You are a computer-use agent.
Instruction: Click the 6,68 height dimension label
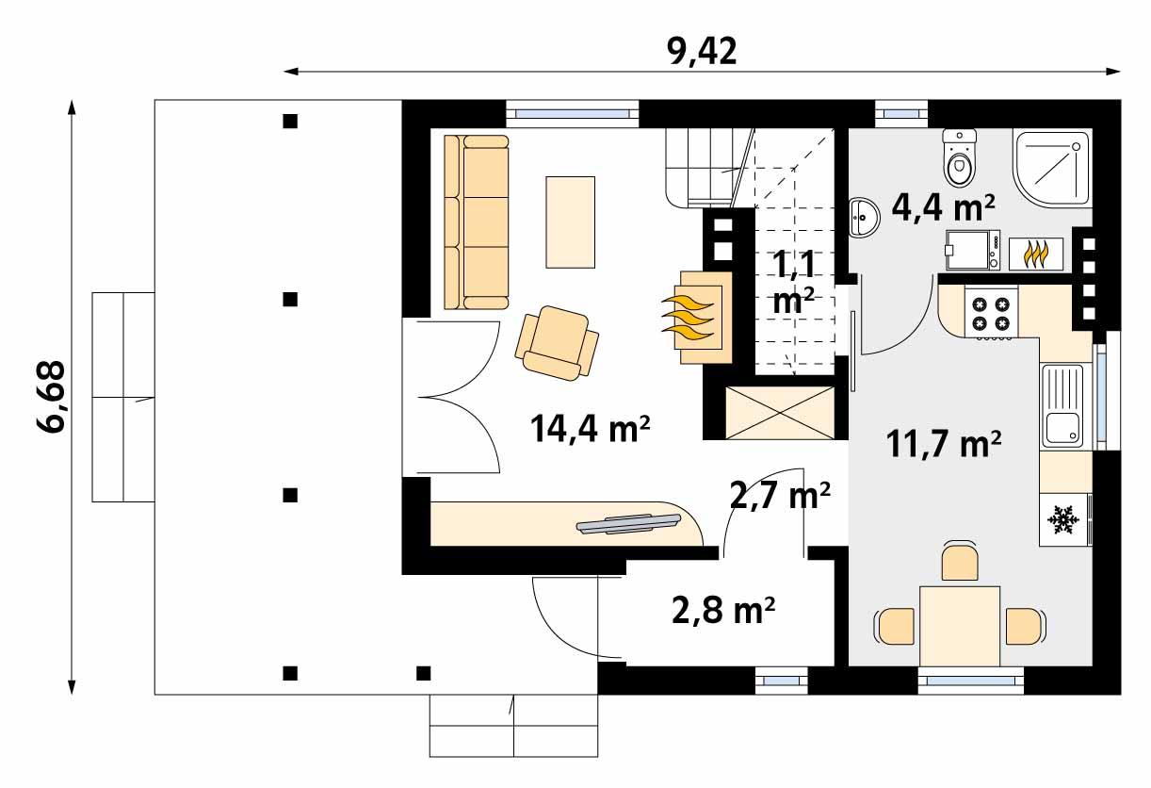52,396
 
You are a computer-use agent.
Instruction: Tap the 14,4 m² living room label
591,430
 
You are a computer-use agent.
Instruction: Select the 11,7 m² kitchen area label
943,443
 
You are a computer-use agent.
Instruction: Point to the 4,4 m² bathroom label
943,205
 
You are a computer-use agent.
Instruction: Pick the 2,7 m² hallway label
781,494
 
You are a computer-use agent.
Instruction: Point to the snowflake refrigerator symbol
1063,518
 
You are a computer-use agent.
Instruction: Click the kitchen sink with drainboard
1063,406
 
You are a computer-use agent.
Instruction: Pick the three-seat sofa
476,222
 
